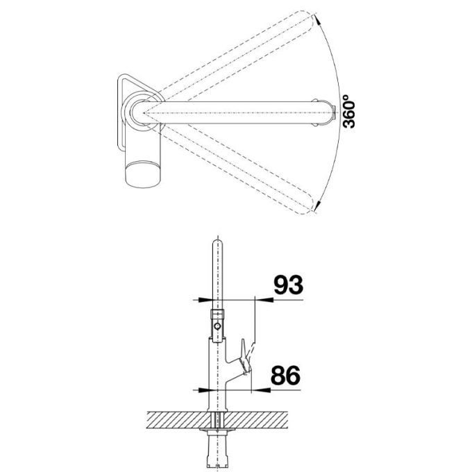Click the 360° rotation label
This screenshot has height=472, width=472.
click(x=349, y=111)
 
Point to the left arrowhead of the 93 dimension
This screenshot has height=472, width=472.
click(x=206, y=299)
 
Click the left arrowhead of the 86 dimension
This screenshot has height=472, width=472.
click(x=206, y=389)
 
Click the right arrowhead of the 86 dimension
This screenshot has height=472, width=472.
click(x=246, y=389)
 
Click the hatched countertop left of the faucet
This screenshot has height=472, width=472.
click(x=174, y=420)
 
